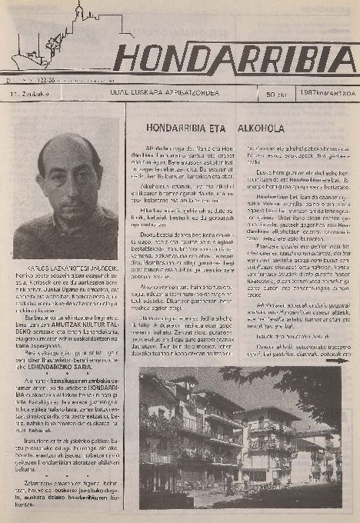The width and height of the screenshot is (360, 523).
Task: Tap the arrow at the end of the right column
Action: pyautogui.click(x=338, y=358)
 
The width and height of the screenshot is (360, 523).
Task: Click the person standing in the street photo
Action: pyautogui.click(x=228, y=482)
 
